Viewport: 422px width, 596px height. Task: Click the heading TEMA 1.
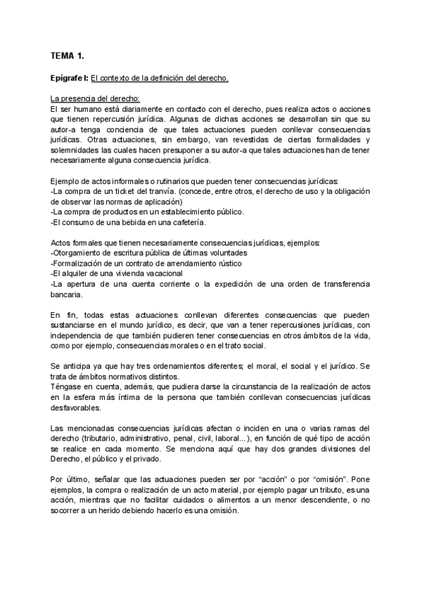pyautogui.click(x=68, y=55)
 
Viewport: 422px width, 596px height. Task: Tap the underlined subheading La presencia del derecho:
pyautogui.click(x=96, y=98)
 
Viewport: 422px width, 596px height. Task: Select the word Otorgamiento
pyautogui.click(x=80, y=253)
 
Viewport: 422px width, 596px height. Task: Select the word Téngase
pyautogui.click(x=68, y=387)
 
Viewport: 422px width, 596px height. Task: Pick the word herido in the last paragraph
pyautogui.click(x=131, y=511)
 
